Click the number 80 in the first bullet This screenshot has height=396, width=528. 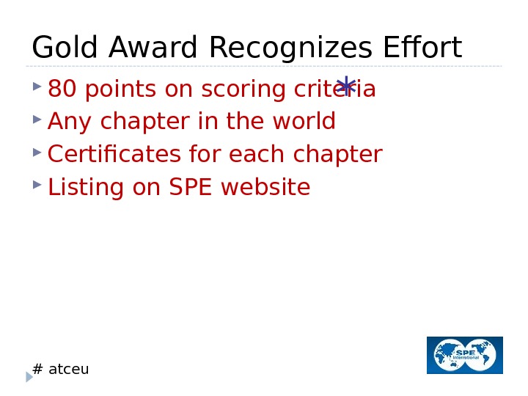click(62, 89)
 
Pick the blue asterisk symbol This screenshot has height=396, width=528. click(346, 87)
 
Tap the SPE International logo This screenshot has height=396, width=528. click(465, 355)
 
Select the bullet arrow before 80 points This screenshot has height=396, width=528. click(37, 87)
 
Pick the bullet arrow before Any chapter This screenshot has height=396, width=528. click(37, 119)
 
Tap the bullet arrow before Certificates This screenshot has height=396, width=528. click(37, 152)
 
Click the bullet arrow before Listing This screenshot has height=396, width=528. click(37, 185)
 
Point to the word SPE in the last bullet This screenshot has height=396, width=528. click(191, 188)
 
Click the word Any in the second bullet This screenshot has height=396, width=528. click(67, 122)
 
